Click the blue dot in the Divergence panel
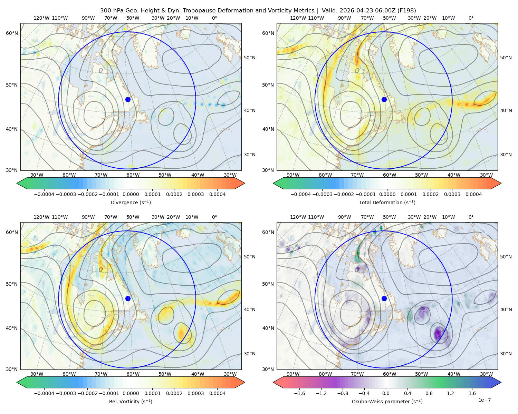(128, 99)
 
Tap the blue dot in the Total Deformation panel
(384, 99)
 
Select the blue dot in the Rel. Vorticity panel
(128, 298)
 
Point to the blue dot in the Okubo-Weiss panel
(384, 298)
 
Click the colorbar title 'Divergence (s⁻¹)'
(131, 202)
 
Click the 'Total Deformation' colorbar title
(378, 202)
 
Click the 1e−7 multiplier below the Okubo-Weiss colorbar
(484, 400)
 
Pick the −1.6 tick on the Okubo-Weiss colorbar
(299, 393)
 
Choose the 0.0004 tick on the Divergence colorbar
(217, 194)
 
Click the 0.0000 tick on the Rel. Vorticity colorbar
(131, 393)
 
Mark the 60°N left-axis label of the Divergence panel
(12, 33)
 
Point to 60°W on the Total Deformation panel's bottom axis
(390, 175)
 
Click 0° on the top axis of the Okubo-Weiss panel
(471, 217)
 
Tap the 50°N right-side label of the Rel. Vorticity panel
(250, 257)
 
